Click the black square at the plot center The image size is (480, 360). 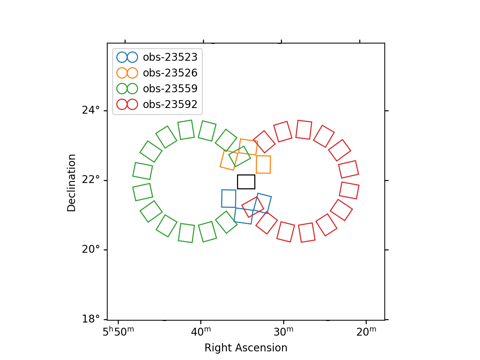[x=246, y=181]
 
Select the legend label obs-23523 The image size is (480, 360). [x=170, y=57]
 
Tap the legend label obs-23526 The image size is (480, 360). [x=170, y=73]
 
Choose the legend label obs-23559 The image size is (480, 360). [x=170, y=88]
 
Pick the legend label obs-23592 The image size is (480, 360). [x=170, y=104]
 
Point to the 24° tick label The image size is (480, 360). [x=91, y=110]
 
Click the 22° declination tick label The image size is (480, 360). [x=91, y=180]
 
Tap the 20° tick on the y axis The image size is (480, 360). [x=91, y=249]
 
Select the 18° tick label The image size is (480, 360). [x=91, y=319]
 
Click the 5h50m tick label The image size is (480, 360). [x=118, y=331]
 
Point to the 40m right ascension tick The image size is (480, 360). [x=201, y=331]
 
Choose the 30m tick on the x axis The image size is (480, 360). [x=283, y=331]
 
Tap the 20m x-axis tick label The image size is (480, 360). [x=366, y=331]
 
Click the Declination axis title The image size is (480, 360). [x=72, y=183]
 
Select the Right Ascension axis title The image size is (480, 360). [x=246, y=348]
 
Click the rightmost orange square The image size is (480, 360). [x=263, y=164]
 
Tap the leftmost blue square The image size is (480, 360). [x=229, y=198]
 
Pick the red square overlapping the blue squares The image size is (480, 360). [x=253, y=207]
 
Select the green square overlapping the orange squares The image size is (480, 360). [x=240, y=156]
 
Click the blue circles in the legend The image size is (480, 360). [x=127, y=57]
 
